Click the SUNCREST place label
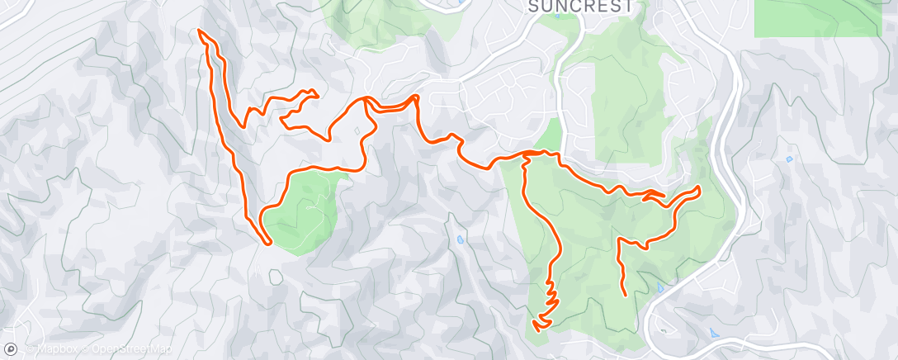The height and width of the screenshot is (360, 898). pos(581,7)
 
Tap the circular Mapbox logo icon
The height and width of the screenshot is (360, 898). pos(11,349)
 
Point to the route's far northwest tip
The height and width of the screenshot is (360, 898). pos(200,31)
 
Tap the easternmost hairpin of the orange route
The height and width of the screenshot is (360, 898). pos(699,189)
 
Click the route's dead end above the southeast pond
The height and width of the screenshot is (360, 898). pos(625,293)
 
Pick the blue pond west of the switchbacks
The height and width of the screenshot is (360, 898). pos(459,240)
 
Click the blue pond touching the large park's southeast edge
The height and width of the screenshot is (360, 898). pos(659,289)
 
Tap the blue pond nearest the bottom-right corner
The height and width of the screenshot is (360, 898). pos(713,331)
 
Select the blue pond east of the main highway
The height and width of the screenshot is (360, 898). pos(789,158)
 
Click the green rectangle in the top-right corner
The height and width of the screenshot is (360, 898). pos(817,17)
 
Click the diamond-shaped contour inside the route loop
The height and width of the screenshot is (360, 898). pos(356,130)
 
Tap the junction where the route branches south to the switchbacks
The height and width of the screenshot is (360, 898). pos(525,154)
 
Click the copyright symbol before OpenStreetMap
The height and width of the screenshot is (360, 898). pos(85,349)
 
